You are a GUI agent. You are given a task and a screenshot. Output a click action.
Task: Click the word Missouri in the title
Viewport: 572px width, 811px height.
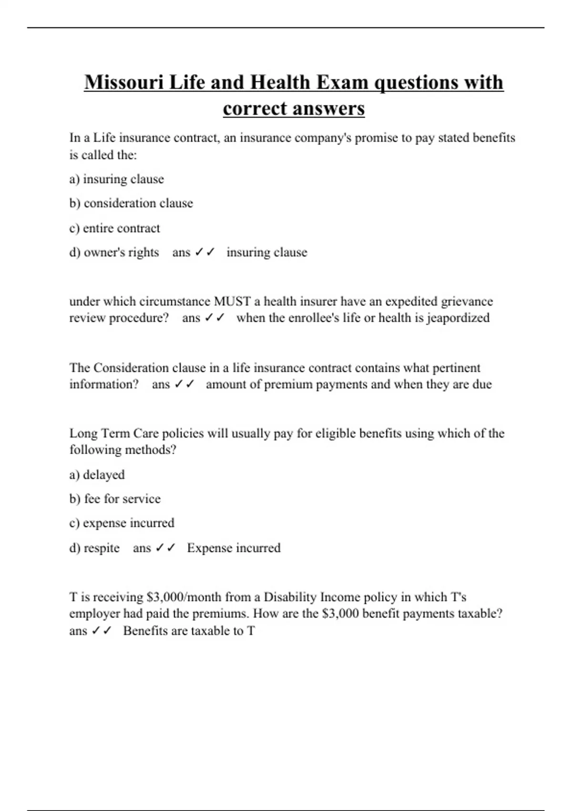(124, 83)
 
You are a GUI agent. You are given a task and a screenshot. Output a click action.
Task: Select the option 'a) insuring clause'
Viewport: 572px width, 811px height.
(116, 179)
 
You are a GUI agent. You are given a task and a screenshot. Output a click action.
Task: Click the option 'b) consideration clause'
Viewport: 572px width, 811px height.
(131, 203)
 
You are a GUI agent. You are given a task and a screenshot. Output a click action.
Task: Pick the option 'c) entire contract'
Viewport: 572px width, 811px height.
(114, 229)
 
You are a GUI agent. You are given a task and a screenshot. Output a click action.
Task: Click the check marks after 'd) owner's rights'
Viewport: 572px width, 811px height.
(205, 252)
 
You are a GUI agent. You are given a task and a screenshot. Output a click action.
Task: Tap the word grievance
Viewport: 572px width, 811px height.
(467, 302)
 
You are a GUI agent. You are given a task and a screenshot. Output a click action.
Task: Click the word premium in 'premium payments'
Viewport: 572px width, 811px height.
(288, 385)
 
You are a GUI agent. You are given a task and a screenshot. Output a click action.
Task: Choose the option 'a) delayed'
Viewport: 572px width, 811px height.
(97, 475)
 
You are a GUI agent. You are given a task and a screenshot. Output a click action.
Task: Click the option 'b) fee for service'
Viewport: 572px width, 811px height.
(115, 499)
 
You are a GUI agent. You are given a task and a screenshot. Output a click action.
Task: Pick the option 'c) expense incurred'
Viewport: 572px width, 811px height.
(122, 523)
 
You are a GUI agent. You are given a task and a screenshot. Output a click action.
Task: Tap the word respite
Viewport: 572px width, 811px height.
(102, 548)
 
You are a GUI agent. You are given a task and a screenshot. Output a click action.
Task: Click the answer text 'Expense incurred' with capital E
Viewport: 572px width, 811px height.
(234, 548)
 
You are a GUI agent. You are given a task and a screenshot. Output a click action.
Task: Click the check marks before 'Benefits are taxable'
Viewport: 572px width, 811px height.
(101, 631)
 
